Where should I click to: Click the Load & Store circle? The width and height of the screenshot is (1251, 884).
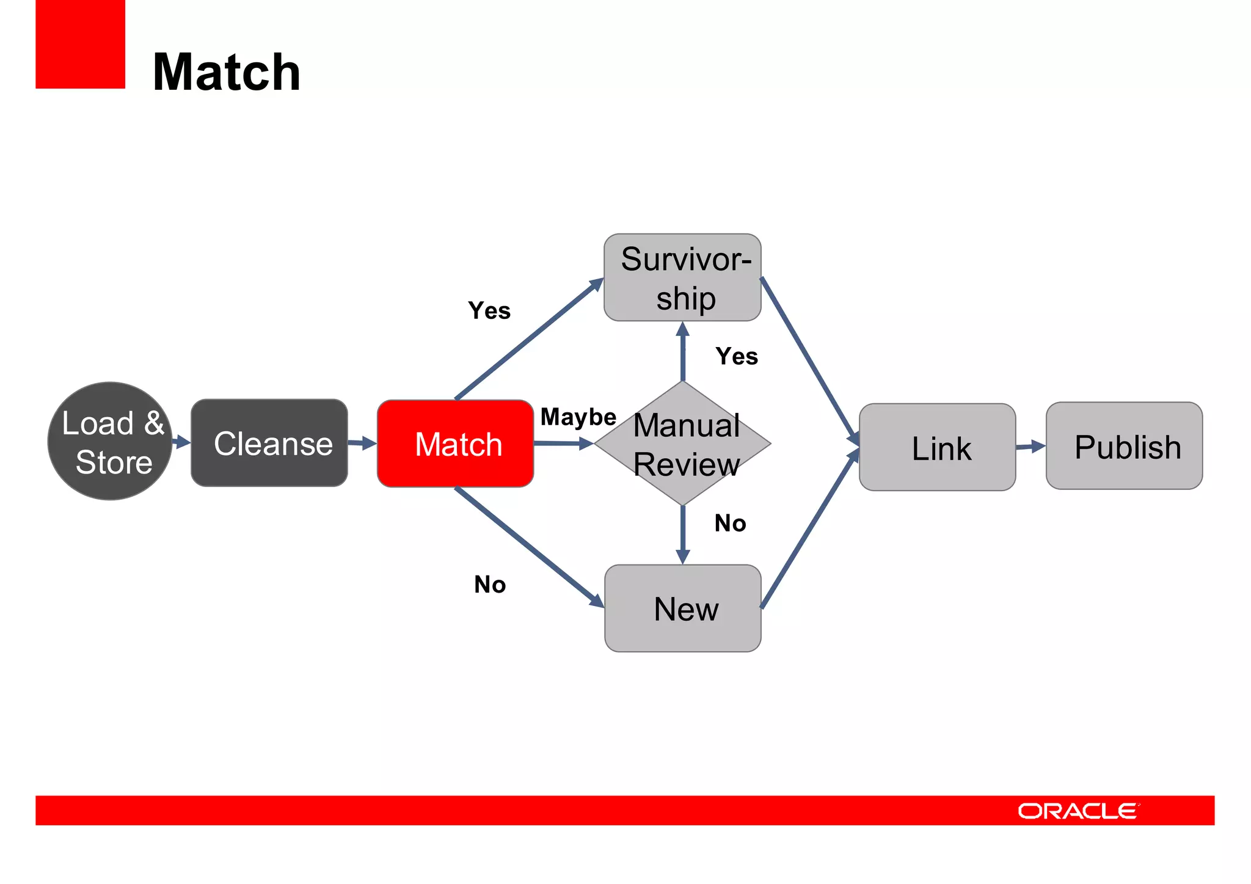click(110, 441)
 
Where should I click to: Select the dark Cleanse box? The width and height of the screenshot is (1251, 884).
click(269, 443)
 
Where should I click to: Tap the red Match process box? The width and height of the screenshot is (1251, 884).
click(456, 444)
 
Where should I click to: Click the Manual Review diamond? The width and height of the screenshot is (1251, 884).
click(683, 444)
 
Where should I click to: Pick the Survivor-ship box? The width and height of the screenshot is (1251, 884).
click(682, 277)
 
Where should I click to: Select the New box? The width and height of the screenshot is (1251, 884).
click(682, 608)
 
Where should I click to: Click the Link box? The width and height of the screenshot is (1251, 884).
click(937, 447)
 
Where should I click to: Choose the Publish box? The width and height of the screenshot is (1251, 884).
click(1124, 446)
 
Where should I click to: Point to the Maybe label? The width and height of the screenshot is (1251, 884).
click(578, 417)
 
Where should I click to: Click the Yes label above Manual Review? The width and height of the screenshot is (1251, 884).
click(737, 357)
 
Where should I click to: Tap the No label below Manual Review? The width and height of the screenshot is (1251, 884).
click(731, 524)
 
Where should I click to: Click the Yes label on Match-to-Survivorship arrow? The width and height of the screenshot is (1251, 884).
click(489, 311)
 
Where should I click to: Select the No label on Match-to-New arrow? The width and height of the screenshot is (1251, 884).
click(490, 585)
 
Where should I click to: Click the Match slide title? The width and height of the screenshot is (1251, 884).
click(227, 72)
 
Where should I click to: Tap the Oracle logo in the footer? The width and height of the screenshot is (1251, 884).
click(1078, 811)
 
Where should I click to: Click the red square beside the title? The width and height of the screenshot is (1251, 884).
click(80, 44)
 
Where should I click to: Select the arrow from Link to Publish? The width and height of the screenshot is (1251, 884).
click(1030, 447)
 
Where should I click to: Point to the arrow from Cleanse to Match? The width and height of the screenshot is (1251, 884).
click(362, 443)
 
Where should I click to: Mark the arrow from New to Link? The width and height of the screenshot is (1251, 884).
click(809, 530)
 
